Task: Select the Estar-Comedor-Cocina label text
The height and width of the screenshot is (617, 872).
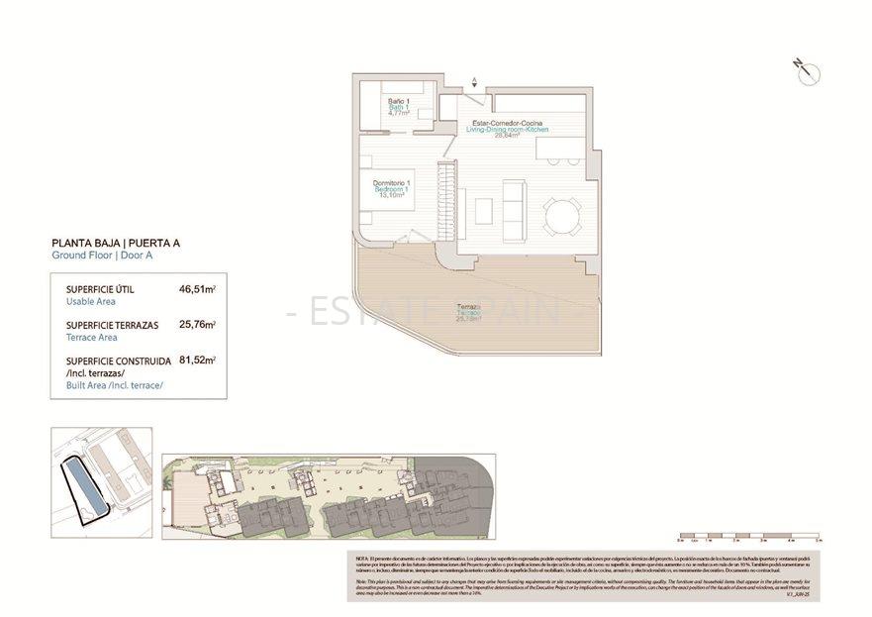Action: [505, 122]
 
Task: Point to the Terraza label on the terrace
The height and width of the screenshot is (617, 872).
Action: [468, 308]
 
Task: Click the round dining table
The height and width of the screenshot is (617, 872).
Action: [562, 213]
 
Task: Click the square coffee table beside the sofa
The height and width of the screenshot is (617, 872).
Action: [484, 211]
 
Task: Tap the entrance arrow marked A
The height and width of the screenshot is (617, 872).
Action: [475, 83]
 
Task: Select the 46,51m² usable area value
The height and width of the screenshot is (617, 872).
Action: [197, 290]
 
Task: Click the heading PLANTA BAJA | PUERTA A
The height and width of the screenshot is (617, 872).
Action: [115, 243]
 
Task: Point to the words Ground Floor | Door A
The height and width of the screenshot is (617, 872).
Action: [102, 256]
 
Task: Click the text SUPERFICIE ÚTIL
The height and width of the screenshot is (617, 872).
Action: [100, 289]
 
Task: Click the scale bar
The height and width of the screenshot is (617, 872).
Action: [748, 539]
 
